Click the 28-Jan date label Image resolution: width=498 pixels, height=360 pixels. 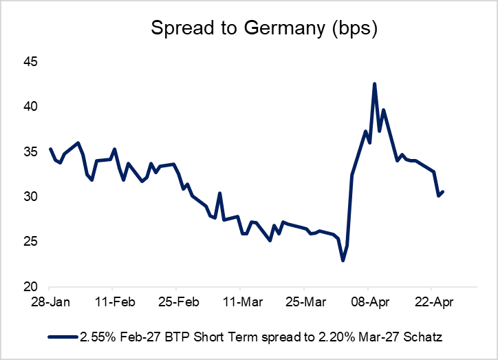tap(50, 301)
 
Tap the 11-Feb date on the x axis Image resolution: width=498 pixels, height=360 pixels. tap(113, 301)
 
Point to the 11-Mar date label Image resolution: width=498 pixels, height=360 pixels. tap(240, 301)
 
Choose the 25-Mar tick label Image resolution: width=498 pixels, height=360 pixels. tap(304, 301)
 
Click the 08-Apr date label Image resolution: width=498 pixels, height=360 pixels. tap(368, 301)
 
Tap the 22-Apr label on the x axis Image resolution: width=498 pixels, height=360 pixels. tap(431, 301)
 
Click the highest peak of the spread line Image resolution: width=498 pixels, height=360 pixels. tap(374, 84)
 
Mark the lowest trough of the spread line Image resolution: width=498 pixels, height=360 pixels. tap(343, 260)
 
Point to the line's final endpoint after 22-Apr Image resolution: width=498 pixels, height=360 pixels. tap(443, 192)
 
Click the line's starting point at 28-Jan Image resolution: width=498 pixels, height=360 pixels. tap(50, 149)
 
